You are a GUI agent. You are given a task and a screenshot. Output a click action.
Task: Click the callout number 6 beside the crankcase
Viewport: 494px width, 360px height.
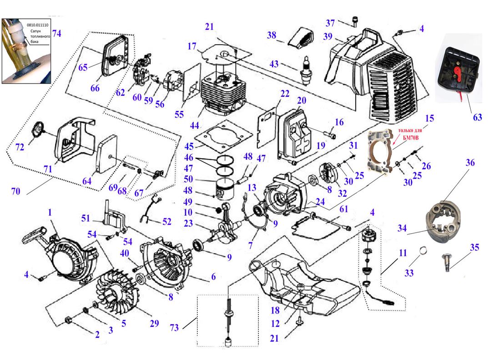213,276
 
